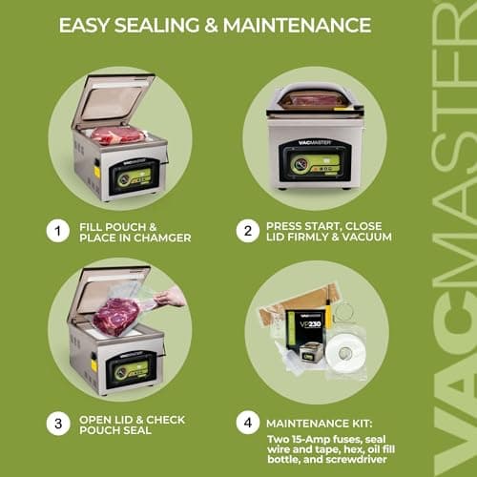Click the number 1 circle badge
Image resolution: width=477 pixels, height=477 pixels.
click(x=57, y=230)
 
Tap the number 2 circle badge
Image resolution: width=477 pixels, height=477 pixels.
click(x=248, y=230)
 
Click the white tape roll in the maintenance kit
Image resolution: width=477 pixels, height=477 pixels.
click(x=344, y=352)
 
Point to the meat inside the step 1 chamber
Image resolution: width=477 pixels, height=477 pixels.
click(x=117, y=135)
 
